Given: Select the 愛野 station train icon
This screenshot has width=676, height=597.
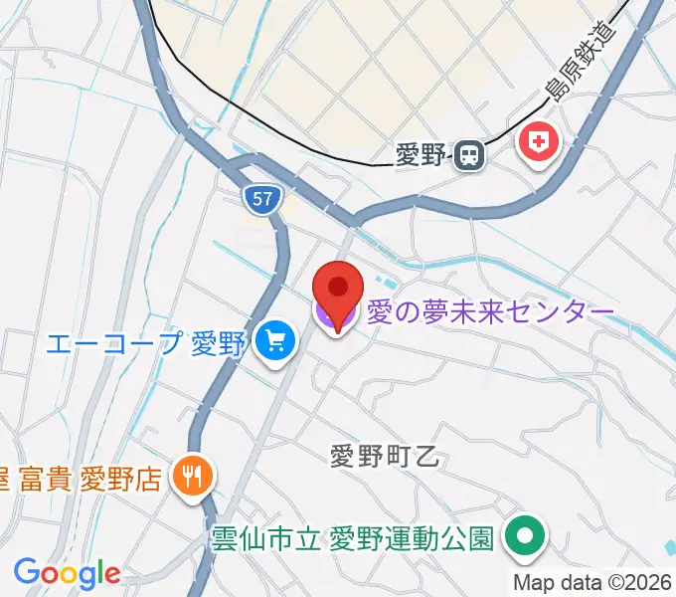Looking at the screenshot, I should coord(469,154).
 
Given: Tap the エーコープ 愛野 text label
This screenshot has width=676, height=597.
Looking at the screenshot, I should coord(145,344).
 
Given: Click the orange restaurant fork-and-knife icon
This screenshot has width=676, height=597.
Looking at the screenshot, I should coord(189,478).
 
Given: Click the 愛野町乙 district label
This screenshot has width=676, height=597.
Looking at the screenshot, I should coord(383,458).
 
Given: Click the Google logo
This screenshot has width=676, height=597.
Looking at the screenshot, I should coord(67,573).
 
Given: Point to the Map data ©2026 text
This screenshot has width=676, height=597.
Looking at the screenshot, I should coord(593,582).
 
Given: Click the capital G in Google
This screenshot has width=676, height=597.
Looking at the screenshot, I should coord(26,572).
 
